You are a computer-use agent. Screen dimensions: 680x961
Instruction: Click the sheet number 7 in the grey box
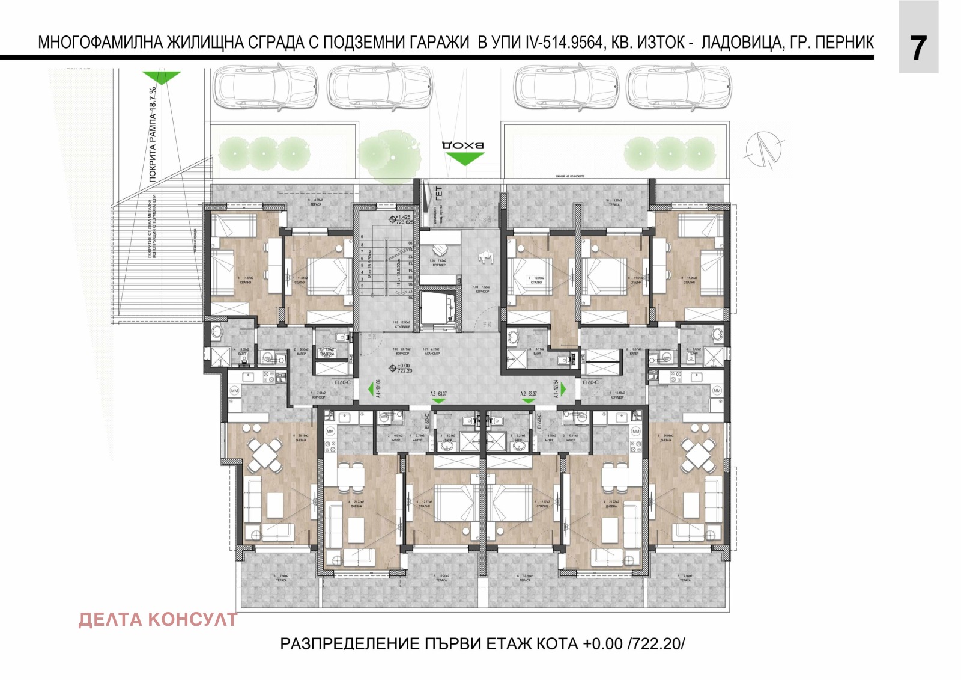(x=918, y=49)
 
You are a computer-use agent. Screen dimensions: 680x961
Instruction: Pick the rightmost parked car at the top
(x=679, y=89)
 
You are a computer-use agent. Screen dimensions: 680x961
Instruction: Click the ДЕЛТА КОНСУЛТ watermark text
(x=158, y=619)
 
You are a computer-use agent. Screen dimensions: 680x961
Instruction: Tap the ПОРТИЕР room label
(x=439, y=265)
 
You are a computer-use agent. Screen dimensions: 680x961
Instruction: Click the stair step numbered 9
(x=362, y=237)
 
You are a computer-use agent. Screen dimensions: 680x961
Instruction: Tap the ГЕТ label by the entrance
(x=438, y=194)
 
